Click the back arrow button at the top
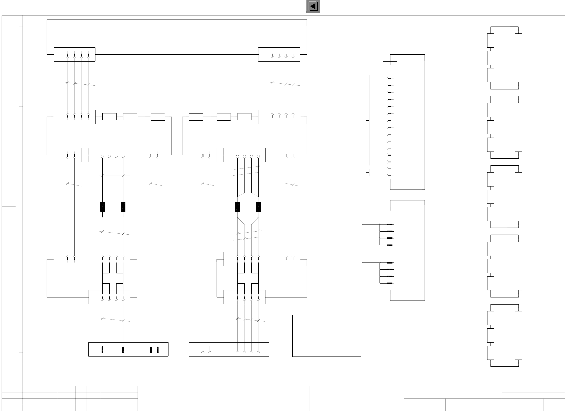(313, 6)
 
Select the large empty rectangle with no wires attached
(327, 335)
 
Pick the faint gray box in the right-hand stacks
(490, 197)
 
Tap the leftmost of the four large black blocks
(102, 207)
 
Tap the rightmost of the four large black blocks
(258, 207)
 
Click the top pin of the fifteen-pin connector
(389, 79)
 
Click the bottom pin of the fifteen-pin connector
(389, 176)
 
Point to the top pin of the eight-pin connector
(390, 224)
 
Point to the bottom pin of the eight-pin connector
(390, 283)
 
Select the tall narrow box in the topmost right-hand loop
(518, 58)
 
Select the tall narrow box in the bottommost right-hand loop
(518, 335)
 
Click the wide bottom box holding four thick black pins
(128, 349)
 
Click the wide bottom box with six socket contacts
(229, 349)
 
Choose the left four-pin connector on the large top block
(74, 54)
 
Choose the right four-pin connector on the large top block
(279, 54)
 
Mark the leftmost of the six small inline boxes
(109, 117)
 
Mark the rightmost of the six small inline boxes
(244, 117)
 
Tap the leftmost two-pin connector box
(68, 155)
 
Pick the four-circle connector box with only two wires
(109, 155)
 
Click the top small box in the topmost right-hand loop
(490, 41)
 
